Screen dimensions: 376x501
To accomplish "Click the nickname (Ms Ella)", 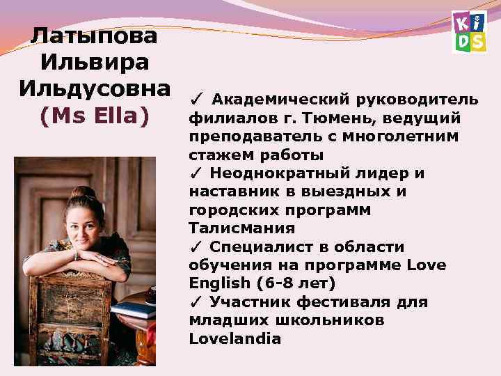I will tap(95, 116).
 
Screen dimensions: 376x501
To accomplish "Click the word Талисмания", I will tap(232, 228).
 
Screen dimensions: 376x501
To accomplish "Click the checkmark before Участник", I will tap(196, 302).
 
